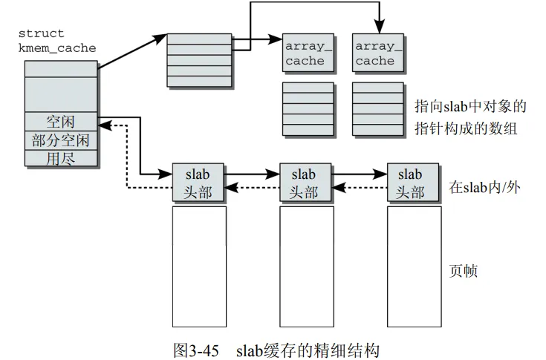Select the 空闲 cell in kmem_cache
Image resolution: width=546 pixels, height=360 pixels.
pos(61,121)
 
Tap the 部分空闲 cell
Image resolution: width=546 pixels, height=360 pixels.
pos(61,140)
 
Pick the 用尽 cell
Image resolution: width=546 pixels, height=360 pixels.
pos(61,158)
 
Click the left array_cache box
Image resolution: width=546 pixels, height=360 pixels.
pos(305,53)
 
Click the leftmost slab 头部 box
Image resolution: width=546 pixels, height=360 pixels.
pos(198,183)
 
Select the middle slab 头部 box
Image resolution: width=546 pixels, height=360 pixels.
pos(305,183)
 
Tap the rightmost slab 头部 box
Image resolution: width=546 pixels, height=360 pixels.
pos(410,183)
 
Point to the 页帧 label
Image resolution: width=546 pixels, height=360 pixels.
pos(464,271)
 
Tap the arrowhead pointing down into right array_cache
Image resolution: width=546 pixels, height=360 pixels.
pos(379,27)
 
